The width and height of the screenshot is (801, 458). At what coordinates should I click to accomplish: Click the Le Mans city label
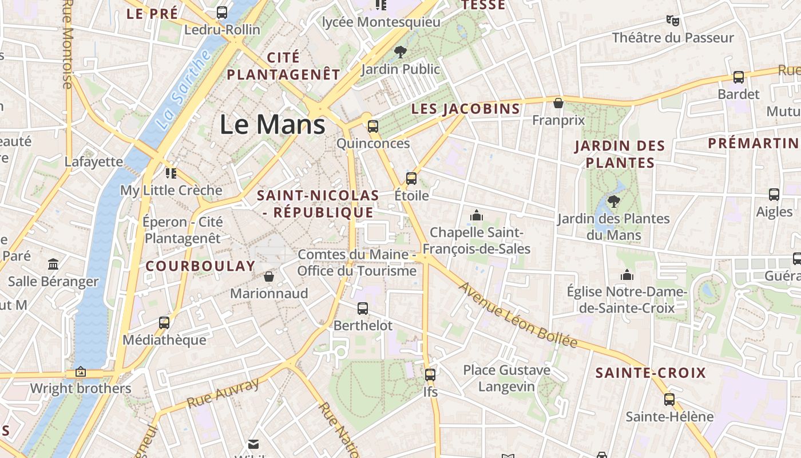pos(272,125)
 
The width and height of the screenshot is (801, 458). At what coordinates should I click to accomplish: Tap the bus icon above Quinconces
pos(373,127)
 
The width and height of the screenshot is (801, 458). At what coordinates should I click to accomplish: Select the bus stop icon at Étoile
pos(411,178)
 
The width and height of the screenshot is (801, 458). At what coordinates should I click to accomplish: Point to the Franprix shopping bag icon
pos(558,103)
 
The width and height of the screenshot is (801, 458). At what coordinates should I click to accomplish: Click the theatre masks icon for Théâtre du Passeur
pos(673,21)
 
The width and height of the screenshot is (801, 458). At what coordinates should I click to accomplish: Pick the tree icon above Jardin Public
pos(400,52)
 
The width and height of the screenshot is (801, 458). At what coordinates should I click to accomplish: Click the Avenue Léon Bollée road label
pos(518,315)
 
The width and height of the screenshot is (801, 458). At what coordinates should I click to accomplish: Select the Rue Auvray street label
pos(223,393)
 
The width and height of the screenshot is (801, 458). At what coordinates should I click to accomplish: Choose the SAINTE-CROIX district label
pos(651,373)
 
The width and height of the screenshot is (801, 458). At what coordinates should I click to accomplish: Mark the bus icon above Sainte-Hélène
pos(669,399)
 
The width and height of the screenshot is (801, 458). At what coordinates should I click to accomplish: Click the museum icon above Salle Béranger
pos(53,264)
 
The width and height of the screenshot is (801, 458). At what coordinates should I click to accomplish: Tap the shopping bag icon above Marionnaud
pos(269,277)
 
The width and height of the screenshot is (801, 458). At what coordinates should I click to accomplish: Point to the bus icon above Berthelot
pos(363,309)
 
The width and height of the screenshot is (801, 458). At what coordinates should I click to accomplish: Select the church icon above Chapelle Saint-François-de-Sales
pos(476,216)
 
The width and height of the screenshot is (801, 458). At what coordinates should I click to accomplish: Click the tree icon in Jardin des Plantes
pos(614,201)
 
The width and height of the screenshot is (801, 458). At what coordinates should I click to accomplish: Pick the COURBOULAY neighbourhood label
pos(200,266)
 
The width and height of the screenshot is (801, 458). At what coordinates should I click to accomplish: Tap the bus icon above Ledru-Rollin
pos(222,12)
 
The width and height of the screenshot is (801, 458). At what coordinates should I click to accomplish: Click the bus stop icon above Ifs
pos(430,375)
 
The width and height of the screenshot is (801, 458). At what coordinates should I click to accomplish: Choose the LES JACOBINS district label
pos(466,109)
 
